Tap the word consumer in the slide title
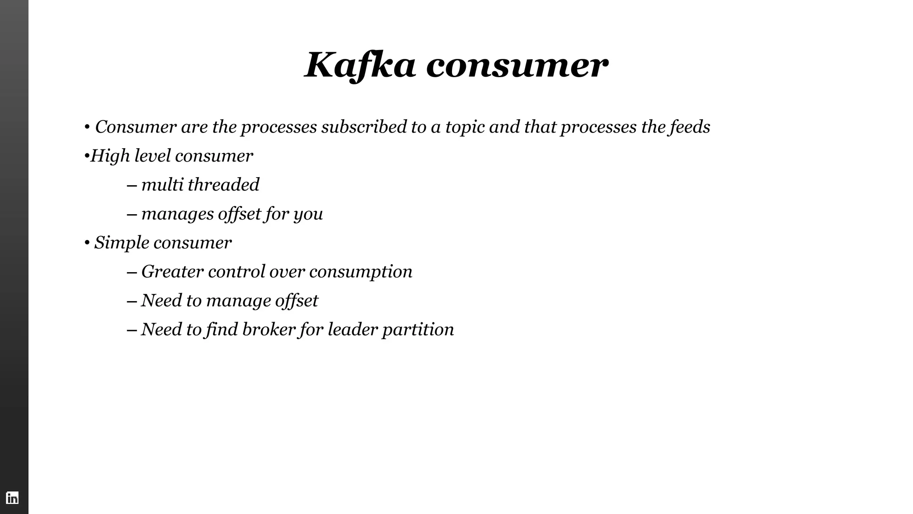coord(517,65)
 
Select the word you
coord(308,214)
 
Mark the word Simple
coord(122,243)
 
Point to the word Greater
coord(172,272)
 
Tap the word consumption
coord(361,272)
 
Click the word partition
coord(418,330)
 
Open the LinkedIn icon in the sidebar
coord(12,497)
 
